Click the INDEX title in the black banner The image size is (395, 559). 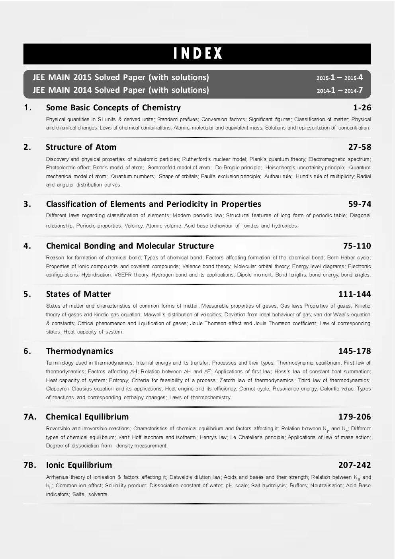197,54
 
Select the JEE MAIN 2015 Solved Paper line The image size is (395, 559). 121,77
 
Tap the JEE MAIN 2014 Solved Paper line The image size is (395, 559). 121,90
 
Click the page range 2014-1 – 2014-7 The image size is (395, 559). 340,90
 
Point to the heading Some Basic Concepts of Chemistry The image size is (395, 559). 113,108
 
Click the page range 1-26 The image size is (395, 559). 362,108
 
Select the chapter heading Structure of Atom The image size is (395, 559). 81,147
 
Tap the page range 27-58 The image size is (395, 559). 360,147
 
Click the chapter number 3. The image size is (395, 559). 27,204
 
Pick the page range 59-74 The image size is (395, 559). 360,204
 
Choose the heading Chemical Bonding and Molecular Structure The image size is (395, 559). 130,246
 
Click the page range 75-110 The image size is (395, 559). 357,246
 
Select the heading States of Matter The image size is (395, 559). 78,294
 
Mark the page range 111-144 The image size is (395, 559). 354,294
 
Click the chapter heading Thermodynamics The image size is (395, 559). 79,351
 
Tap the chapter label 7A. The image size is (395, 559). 30,417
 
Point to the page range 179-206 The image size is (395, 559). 354,417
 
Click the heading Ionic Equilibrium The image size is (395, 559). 79,465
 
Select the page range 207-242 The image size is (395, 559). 354,465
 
